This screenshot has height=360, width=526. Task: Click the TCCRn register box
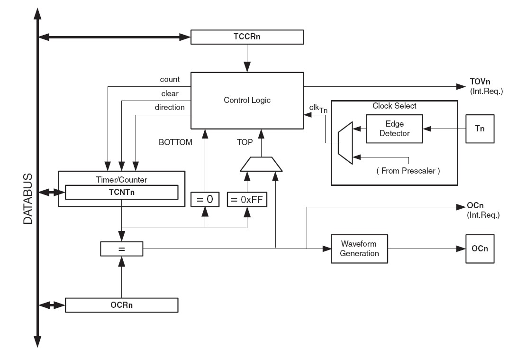pos(246,37)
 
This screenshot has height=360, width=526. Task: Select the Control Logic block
pos(246,101)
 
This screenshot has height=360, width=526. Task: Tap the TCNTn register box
pos(121,193)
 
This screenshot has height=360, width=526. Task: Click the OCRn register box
pos(121,305)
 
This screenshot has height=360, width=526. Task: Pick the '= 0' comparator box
pos(205,200)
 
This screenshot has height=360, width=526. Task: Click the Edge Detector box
pos(395,128)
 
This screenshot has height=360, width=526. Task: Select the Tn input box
pos(480,128)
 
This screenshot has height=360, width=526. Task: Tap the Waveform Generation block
pos(360,249)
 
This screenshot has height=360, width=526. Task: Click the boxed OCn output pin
pos(480,249)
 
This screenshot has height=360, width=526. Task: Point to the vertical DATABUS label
pos(28,198)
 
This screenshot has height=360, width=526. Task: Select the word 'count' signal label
pos(170,80)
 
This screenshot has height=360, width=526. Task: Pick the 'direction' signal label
pos(170,107)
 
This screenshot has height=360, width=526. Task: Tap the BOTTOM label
pos(176,142)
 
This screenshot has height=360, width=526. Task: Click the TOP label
pos(246,142)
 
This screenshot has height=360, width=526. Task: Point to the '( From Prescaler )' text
pos(408,171)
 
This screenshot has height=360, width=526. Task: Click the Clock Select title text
pos(394,106)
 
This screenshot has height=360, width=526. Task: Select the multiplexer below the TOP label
pos(262,164)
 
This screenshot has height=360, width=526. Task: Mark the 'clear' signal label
pos(170,93)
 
